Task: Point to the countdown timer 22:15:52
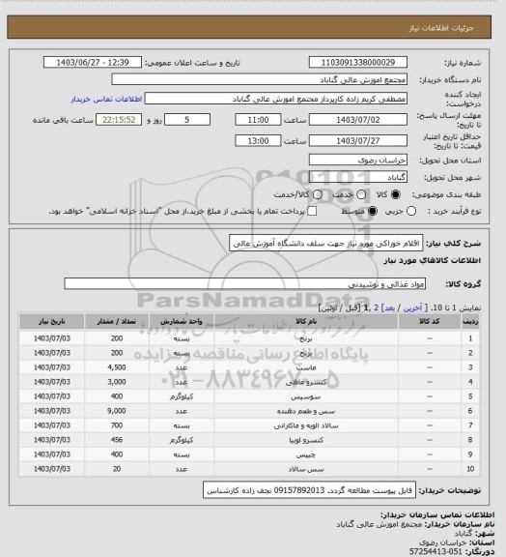tap(121, 120)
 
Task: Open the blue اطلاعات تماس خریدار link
tap(107, 100)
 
